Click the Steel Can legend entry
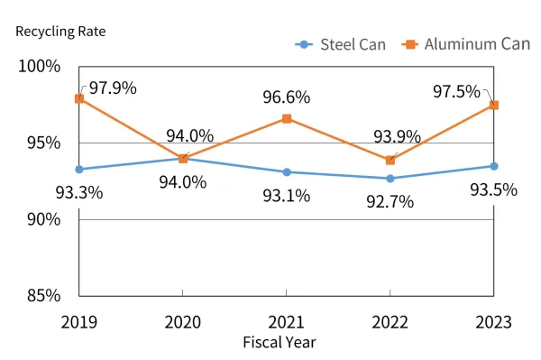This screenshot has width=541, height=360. (x=341, y=44)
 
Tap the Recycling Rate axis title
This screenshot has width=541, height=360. (x=60, y=31)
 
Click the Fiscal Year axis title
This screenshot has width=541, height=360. (x=280, y=342)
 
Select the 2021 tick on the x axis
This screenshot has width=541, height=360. (x=286, y=321)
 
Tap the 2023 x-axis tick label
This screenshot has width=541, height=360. (x=493, y=321)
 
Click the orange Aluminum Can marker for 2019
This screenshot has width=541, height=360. (x=79, y=98)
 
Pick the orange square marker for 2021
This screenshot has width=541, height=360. (x=287, y=118)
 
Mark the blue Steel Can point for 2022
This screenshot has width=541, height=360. (x=390, y=178)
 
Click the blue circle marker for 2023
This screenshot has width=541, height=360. (x=494, y=166)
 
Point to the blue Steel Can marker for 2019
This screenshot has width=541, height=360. (x=79, y=169)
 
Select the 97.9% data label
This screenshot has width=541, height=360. (x=113, y=88)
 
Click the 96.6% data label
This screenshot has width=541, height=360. (x=286, y=97)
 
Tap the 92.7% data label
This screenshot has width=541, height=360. (x=390, y=201)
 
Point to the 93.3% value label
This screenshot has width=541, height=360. (x=79, y=191)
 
